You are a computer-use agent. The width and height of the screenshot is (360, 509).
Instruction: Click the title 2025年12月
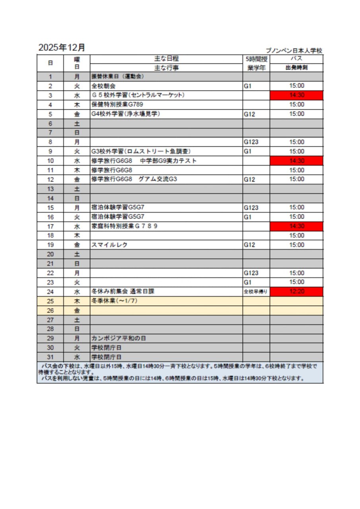tap(62, 47)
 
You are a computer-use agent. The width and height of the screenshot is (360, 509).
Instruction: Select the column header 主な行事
tap(166, 68)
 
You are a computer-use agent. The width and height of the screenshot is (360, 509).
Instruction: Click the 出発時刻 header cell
tap(296, 68)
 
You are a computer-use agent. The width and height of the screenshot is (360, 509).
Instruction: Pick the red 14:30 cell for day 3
tap(296, 95)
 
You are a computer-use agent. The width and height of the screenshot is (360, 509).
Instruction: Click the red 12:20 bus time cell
tap(296, 291)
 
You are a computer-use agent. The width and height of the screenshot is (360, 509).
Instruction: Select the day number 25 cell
tap(50, 301)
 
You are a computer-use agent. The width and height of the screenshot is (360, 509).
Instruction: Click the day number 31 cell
tap(50, 357)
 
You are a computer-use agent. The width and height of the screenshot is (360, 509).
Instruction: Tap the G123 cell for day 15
tap(251, 208)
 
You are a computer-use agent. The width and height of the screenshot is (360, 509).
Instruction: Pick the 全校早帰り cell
tap(256, 291)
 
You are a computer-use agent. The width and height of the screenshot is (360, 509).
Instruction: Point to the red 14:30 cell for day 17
tap(296, 226)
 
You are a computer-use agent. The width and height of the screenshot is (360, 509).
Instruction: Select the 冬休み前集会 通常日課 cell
tap(123, 291)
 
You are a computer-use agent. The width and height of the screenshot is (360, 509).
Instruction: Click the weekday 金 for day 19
tap(77, 245)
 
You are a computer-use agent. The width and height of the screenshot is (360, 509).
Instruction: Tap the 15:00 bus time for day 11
tap(296, 170)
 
